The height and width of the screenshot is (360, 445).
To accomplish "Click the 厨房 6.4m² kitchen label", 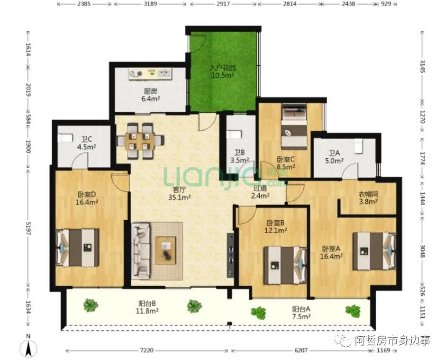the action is coord(150,95).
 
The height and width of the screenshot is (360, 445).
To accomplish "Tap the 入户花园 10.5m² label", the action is coord(223,72).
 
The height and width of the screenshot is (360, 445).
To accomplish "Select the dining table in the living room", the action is coord(140,140).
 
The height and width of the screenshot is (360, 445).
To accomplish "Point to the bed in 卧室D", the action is coord(77,247).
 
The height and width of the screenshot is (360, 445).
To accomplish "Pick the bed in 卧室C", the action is coord(294,126).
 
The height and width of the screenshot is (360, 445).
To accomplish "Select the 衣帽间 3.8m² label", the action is coord(368,198).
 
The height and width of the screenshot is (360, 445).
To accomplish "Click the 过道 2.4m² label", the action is coord(260,191).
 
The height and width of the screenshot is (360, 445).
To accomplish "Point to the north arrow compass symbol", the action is coord(28,346).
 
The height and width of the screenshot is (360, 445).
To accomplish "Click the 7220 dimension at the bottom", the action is coord(147,351).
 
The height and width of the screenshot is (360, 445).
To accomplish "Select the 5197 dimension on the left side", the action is coord(28,228).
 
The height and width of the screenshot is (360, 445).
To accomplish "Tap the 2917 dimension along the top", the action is coord(223,4).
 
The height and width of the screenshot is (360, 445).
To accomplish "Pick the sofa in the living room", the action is coord(141,250).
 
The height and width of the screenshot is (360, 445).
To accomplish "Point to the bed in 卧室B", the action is coord(285,265).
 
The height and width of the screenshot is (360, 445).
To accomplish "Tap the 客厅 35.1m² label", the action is coord(179,193).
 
